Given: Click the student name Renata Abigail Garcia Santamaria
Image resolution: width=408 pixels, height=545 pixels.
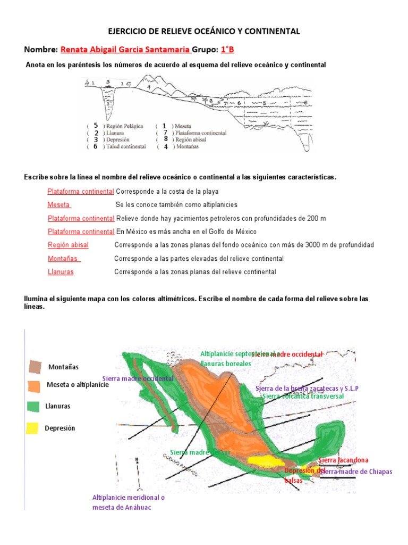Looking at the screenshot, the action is [125, 49].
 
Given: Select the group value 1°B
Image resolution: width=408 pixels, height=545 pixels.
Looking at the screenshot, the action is [227, 49].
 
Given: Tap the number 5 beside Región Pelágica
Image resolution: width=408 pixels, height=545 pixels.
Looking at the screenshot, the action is [96, 126].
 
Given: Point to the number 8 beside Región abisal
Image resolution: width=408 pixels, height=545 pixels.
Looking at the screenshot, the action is [166, 139].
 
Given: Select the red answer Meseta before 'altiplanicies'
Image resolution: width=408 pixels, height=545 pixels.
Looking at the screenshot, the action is [59, 205].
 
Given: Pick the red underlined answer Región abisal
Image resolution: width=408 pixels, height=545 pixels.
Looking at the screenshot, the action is [68, 245].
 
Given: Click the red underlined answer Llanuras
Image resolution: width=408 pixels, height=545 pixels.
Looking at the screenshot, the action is [61, 272].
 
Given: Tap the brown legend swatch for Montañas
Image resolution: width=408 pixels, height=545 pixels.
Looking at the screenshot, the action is [35, 367].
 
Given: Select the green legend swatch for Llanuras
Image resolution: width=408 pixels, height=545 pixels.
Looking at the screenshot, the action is [33, 406].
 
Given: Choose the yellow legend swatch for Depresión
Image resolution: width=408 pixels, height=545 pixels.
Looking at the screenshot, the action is [33, 428].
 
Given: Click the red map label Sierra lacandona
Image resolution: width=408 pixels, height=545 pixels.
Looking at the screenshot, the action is [343, 460].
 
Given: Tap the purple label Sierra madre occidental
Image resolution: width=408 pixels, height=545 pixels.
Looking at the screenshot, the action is [138, 378].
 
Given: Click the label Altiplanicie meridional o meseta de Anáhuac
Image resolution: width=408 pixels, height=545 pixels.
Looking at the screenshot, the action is [129, 502].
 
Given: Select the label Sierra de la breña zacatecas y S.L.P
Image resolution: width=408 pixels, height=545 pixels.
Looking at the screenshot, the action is [307, 389].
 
